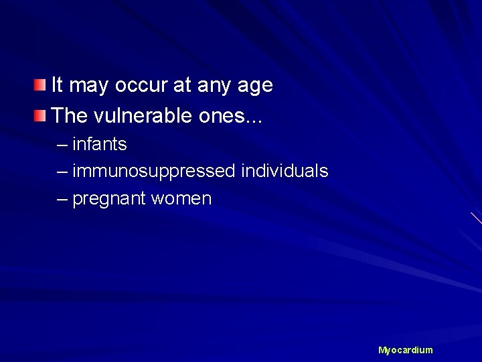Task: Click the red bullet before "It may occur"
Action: pyautogui.click(x=42, y=85)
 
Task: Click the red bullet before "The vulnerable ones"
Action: pyautogui.click(x=42, y=116)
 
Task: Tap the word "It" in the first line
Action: pyautogui.click(x=58, y=85)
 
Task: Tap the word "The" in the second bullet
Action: pyautogui.click(x=68, y=116)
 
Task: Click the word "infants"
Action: pyautogui.click(x=100, y=144)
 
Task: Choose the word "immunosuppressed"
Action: pyautogui.click(x=154, y=172)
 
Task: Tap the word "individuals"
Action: pyautogui.click(x=285, y=172)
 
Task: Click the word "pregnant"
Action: pyautogui.click(x=109, y=200)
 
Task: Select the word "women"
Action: pyautogui.click(x=181, y=199)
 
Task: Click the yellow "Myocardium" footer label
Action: pyautogui.click(x=406, y=350)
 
